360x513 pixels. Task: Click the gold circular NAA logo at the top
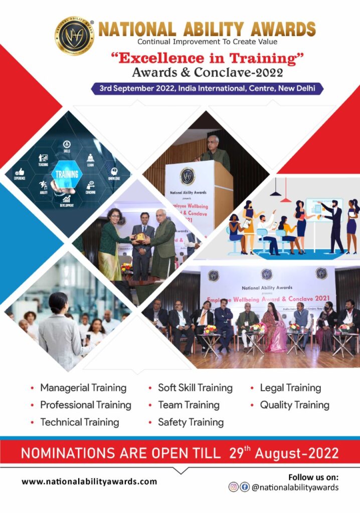(74, 36)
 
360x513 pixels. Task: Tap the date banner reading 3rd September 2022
(207, 88)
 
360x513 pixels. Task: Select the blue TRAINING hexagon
(67, 174)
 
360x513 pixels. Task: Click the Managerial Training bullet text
(83, 388)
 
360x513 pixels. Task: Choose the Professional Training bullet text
(86, 405)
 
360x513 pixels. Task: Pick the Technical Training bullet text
(79, 422)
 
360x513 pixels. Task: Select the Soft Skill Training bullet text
(195, 388)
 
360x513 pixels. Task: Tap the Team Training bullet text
(189, 405)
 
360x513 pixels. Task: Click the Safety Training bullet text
(191, 422)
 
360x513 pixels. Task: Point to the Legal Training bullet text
(290, 388)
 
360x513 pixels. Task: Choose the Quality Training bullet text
(294, 405)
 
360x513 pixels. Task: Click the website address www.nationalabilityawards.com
(89, 481)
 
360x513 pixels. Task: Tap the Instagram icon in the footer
(234, 487)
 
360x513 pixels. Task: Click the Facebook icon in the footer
(245, 487)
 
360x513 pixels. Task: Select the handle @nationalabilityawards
(295, 487)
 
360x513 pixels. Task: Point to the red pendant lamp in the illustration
(285, 198)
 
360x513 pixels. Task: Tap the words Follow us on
(313, 476)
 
